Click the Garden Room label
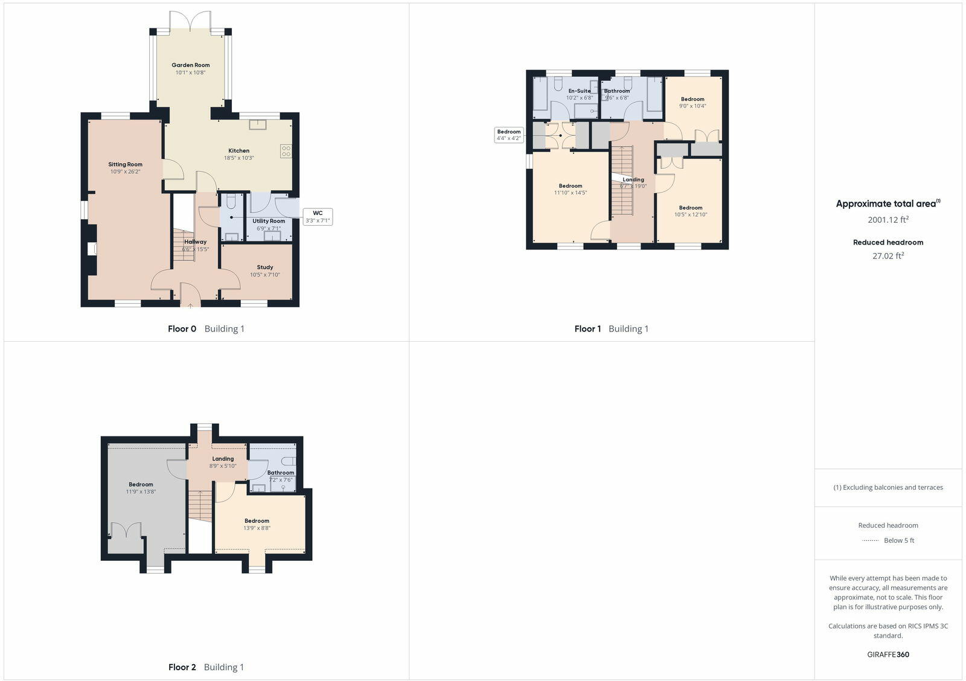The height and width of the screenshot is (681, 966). pos(191,65)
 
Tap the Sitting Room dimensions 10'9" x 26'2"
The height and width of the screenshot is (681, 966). pos(125,172)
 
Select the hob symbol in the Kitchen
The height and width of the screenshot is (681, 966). pos(286,151)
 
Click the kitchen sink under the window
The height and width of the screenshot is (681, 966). pos(259,124)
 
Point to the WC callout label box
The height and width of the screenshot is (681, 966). pos(318,217)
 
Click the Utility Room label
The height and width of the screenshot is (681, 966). pos(269,221)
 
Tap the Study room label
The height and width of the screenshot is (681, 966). pos(265,267)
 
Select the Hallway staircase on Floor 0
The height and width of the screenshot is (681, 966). pos(184,245)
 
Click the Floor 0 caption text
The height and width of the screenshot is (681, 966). pos(182,329)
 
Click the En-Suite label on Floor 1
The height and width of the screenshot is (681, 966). pos(580,91)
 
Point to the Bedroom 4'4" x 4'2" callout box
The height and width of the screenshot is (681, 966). pos(509,135)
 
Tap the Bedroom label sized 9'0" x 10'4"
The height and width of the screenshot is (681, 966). pos(693,99)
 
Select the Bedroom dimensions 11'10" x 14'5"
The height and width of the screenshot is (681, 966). pos(571,193)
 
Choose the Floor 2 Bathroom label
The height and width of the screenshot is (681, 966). pos(281,473)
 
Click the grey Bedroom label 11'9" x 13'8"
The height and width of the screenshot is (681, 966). pos(141,484)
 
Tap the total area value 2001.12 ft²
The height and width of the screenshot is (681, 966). pos(888,220)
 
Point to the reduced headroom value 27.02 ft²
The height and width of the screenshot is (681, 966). pos(888,256)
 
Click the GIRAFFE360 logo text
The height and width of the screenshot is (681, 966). pos(888,654)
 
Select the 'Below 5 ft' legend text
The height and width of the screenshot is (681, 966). pos(899,540)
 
